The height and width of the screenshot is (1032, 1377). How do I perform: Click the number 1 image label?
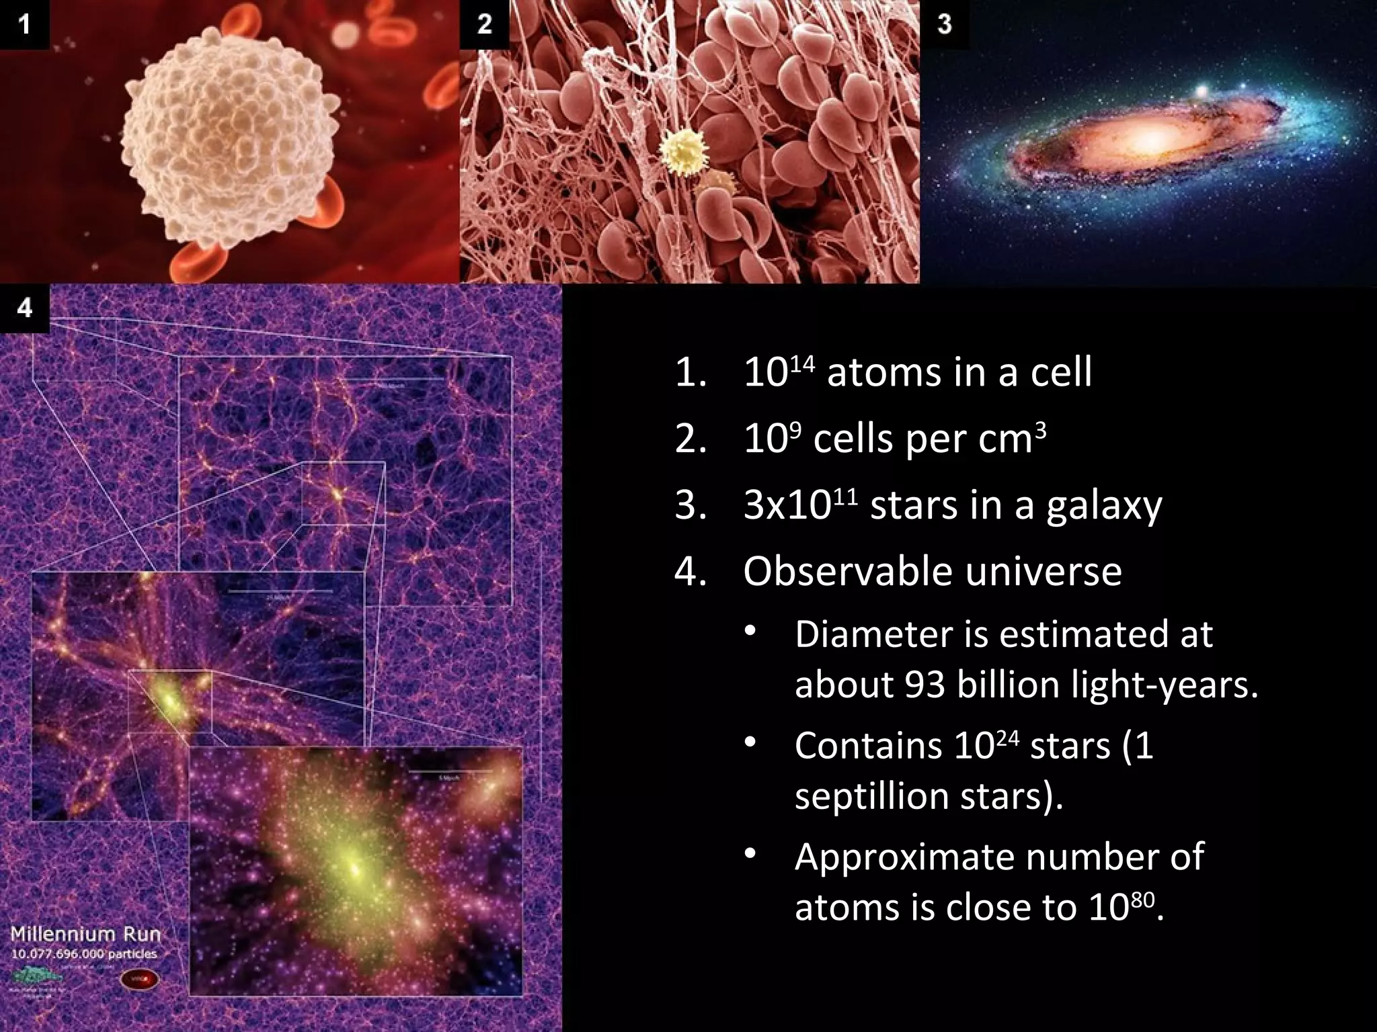tap(24, 25)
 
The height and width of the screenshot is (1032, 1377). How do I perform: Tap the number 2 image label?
tap(484, 25)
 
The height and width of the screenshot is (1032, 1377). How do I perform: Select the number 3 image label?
tap(944, 25)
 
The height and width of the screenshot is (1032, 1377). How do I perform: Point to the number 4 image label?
tap(24, 308)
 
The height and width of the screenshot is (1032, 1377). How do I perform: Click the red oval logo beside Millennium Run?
tap(139, 980)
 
